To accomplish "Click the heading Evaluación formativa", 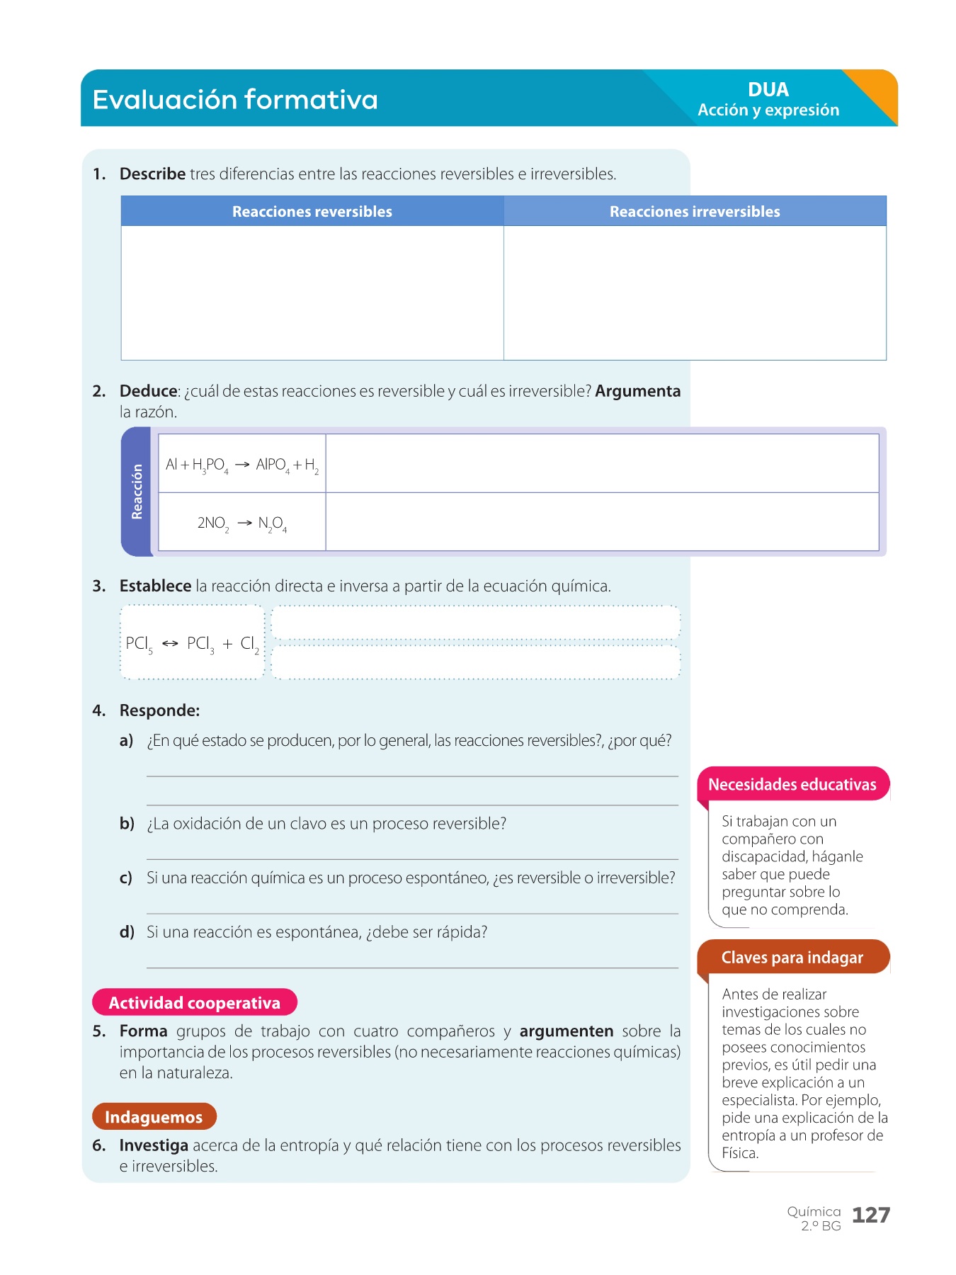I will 235,99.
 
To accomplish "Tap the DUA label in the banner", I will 768,90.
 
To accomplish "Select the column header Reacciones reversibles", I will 312,212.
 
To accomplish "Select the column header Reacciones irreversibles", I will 694,212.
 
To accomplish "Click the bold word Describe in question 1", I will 152,174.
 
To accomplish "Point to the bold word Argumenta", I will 637,391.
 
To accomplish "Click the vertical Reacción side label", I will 137,492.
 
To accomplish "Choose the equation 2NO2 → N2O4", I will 241,523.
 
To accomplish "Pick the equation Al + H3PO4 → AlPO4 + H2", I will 241,465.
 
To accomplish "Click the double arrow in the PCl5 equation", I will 170,643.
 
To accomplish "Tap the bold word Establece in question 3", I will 155,586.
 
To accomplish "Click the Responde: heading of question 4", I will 159,710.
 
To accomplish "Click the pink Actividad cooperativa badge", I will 194,1002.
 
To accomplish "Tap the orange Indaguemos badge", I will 154,1117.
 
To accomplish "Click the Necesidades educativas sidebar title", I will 792,784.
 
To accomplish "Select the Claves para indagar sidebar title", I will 792,958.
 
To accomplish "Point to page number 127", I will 870,1215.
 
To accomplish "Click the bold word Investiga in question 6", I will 154,1145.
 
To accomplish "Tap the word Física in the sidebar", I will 739,1153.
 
